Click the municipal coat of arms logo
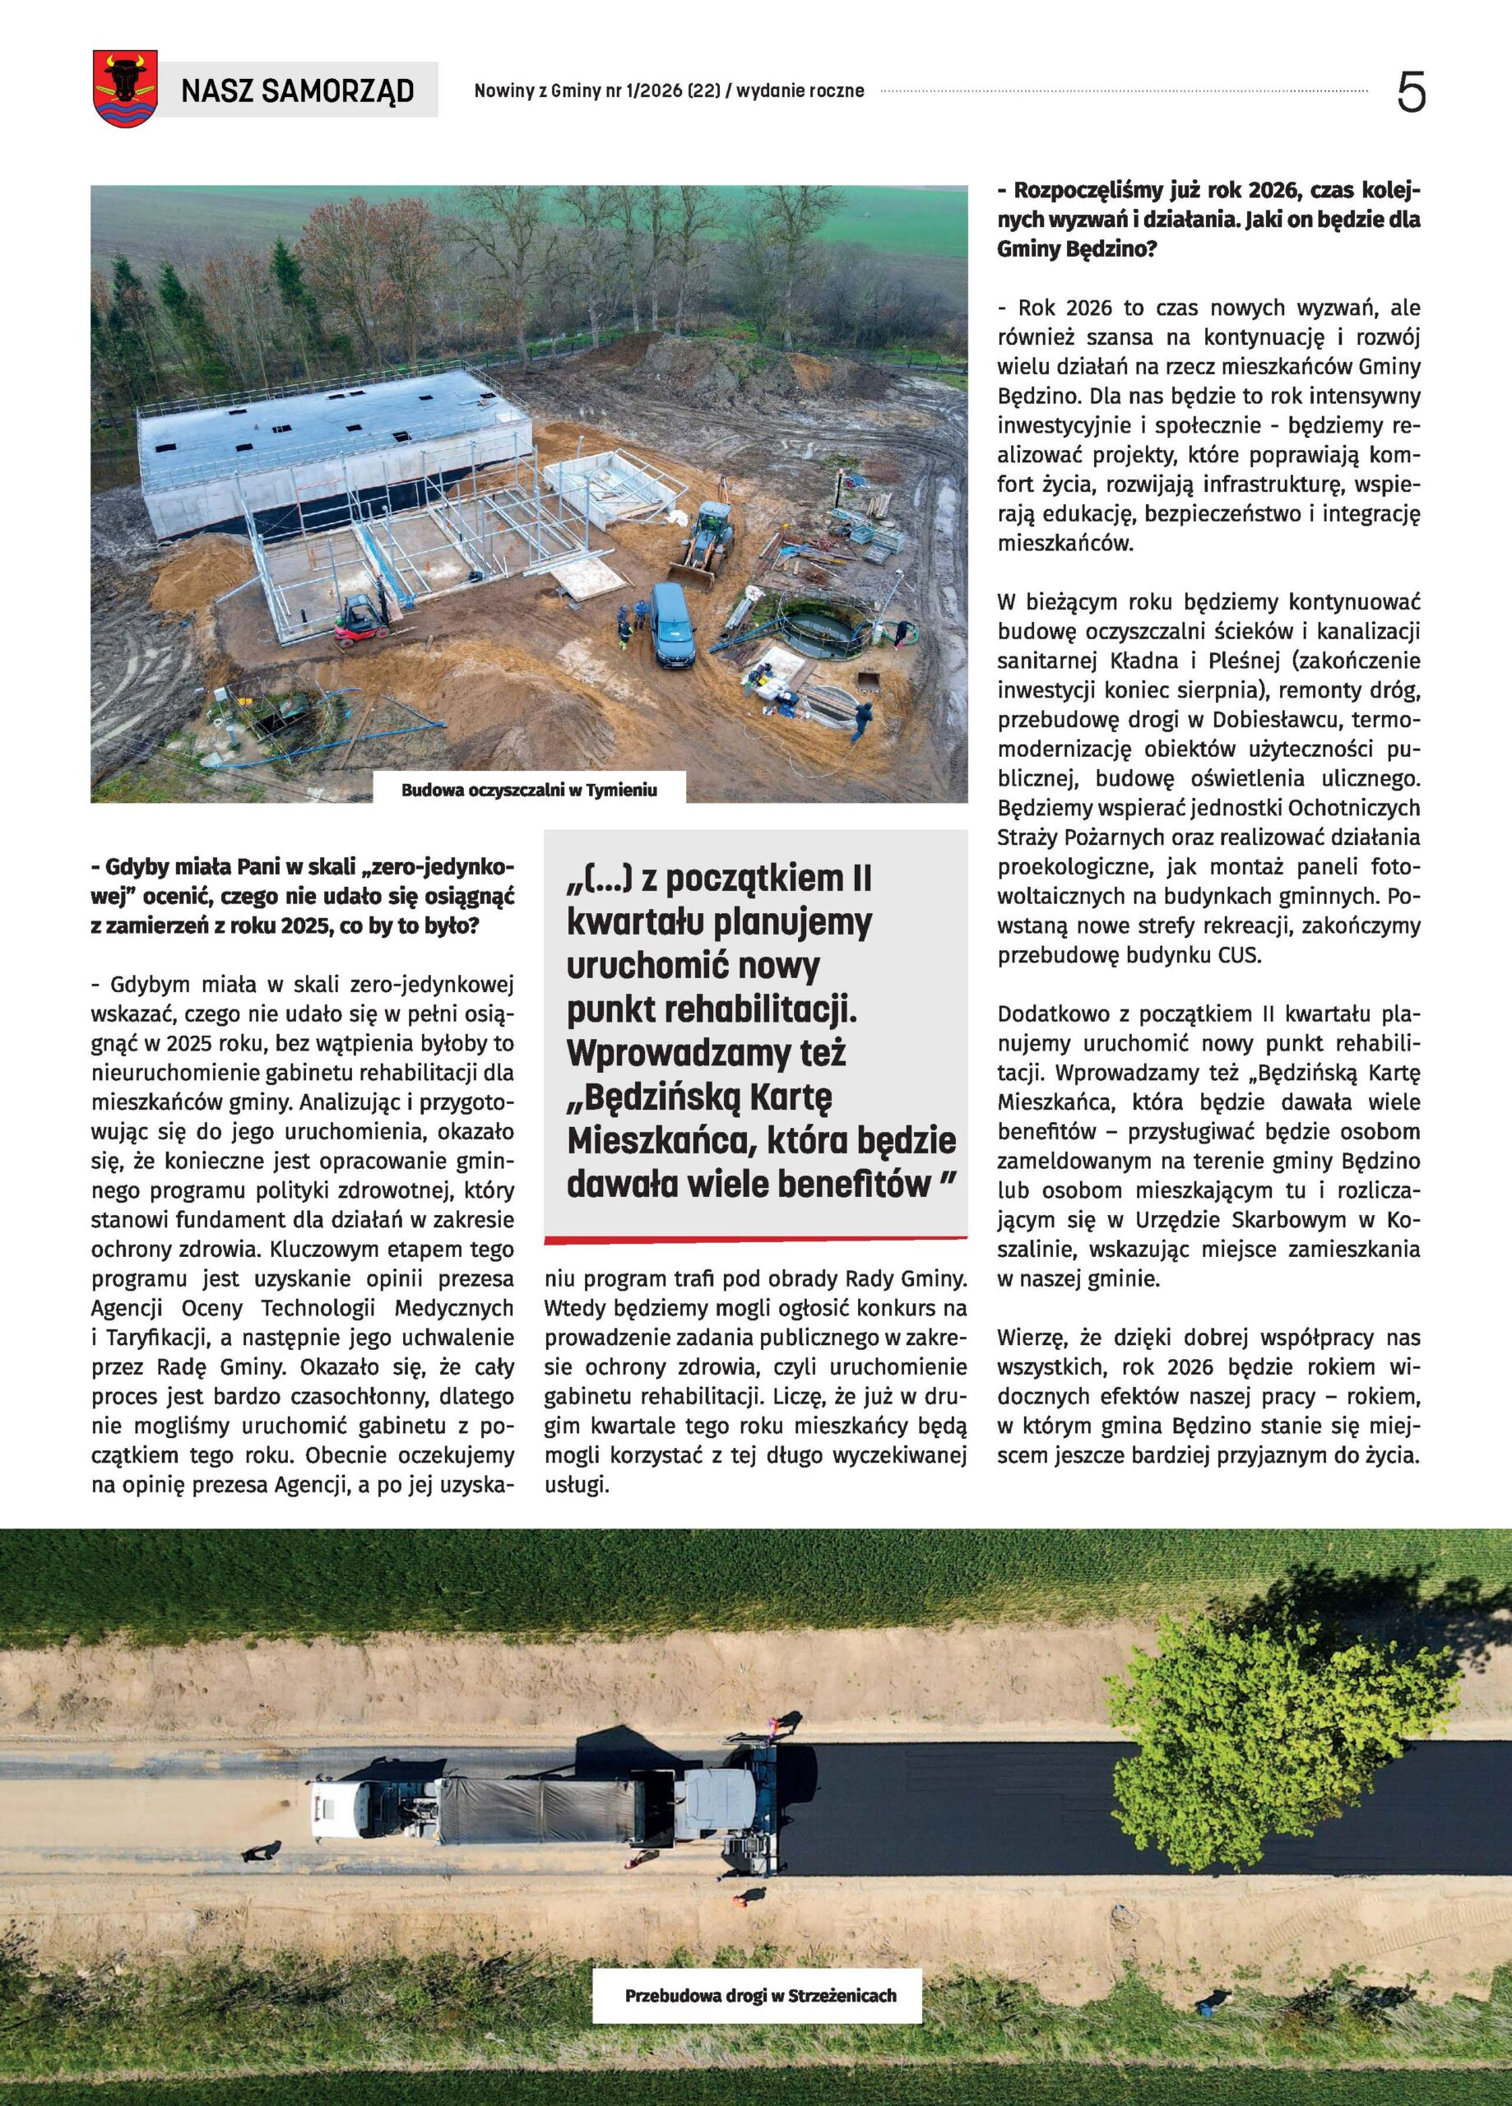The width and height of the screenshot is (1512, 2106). click(x=124, y=89)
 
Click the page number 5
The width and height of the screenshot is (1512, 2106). click(x=1411, y=93)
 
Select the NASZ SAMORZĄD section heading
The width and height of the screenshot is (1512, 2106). click(x=297, y=91)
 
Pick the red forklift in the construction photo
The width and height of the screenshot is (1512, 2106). click(x=360, y=620)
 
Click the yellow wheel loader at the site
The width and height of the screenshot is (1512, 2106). click(x=708, y=543)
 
